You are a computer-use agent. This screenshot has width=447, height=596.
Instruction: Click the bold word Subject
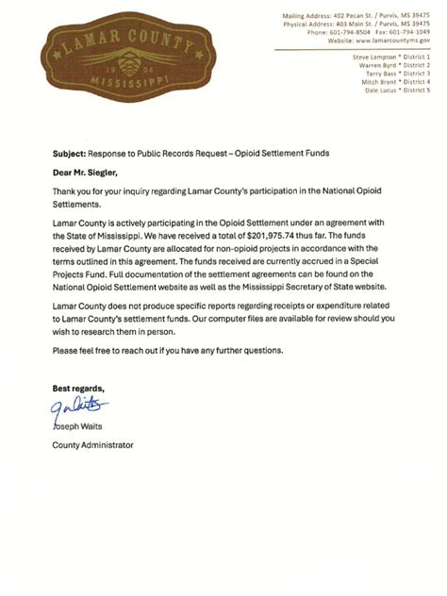(70, 152)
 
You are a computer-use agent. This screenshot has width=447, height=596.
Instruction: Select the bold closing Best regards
(79, 388)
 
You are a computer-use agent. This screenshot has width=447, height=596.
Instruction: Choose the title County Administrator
(92, 444)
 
